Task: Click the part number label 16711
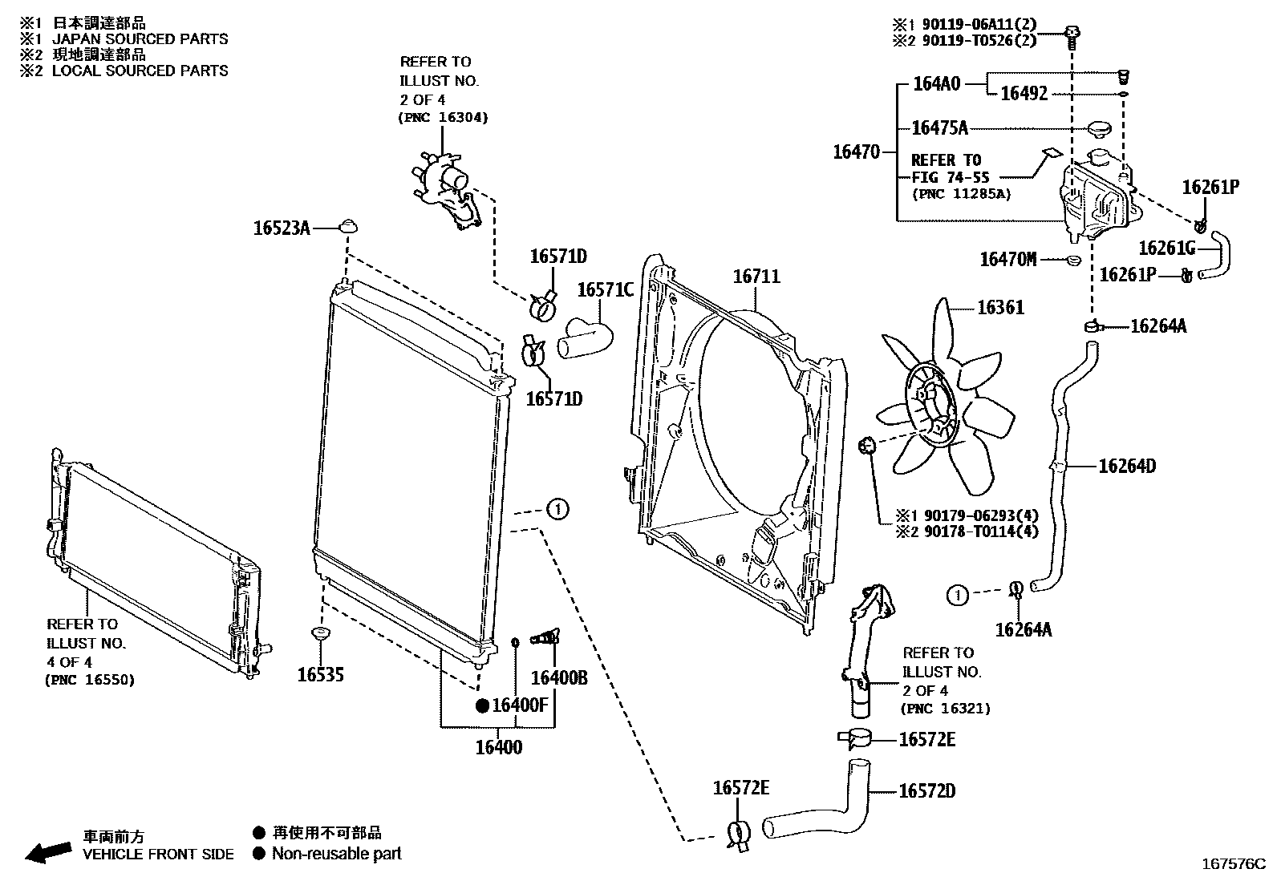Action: (x=756, y=277)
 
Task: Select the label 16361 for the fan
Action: (x=999, y=308)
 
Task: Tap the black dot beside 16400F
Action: (x=482, y=706)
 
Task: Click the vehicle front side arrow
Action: (x=47, y=851)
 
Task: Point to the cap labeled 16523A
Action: (x=347, y=224)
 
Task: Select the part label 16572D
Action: (x=926, y=791)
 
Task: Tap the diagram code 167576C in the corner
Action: (x=1232, y=864)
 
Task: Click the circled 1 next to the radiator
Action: (x=557, y=508)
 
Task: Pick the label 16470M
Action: (x=1008, y=259)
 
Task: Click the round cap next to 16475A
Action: (x=1099, y=128)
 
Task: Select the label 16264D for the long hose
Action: (x=1126, y=466)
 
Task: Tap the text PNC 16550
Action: (x=89, y=681)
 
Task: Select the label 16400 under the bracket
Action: (x=498, y=748)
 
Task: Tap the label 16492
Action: (x=1024, y=94)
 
